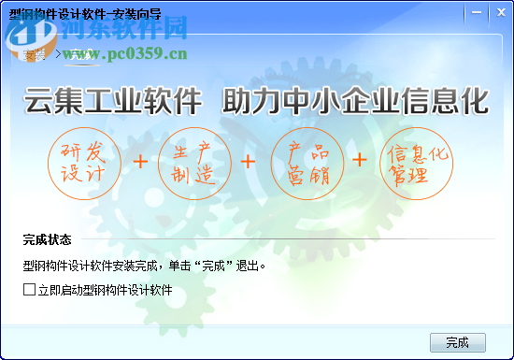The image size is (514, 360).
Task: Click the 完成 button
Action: click(x=458, y=341)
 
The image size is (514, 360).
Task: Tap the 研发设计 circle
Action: click(x=84, y=162)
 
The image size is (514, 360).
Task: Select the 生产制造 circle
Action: click(x=194, y=162)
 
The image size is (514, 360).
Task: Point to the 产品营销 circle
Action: click(x=306, y=162)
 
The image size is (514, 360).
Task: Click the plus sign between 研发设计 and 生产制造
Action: click(x=140, y=162)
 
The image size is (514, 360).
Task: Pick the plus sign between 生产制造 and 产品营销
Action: click(x=249, y=162)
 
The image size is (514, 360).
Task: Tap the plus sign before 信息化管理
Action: click(x=361, y=162)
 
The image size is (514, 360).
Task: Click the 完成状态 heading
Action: click(x=48, y=240)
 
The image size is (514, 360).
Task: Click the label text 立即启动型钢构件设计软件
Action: click(x=106, y=291)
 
